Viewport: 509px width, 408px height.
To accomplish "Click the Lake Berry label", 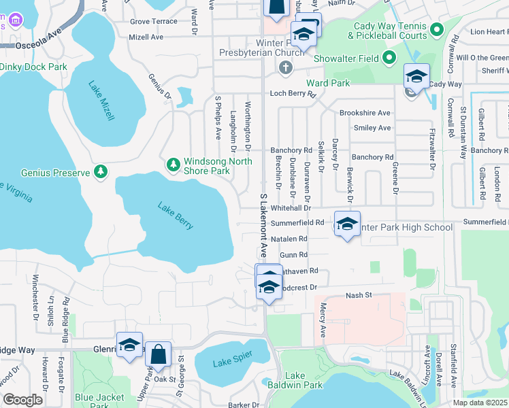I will pos(176,216).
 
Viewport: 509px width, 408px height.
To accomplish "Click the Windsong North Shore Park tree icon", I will pos(174,164).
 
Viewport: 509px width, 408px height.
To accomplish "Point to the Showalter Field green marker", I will pos(389,58).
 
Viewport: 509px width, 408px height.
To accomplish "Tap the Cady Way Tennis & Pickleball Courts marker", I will pos(438,30).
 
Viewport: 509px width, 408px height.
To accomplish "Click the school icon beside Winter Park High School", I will pos(347,225).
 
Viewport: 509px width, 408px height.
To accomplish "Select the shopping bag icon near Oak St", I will pos(158,354).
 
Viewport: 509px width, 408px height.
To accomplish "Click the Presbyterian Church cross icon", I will pos(285,67).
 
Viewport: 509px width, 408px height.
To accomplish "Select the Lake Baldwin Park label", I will pos(294,380).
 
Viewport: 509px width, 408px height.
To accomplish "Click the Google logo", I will pos(23,400).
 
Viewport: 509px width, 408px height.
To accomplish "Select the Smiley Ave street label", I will pos(372,128).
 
